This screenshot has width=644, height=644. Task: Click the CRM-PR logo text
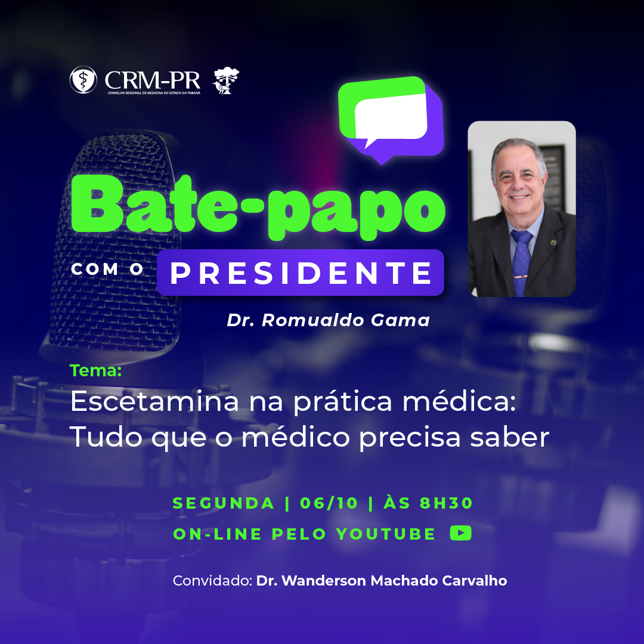click(153, 80)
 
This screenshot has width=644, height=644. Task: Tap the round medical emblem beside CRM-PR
click(83, 80)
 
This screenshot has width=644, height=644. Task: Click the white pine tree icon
click(225, 80)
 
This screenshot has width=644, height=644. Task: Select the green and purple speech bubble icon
click(391, 120)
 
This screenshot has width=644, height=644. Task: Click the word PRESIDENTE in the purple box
click(301, 273)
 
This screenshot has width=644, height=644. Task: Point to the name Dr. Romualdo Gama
click(328, 320)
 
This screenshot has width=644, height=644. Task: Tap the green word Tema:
click(95, 370)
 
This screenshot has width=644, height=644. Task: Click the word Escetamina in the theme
click(154, 401)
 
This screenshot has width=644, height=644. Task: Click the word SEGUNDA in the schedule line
click(224, 503)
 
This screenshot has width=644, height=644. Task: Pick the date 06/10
click(329, 503)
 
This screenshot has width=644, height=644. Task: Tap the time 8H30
click(447, 503)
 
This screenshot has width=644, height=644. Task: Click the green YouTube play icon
click(460, 533)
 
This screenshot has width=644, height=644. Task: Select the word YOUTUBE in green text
click(386, 534)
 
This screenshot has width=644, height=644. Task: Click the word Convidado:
click(212, 581)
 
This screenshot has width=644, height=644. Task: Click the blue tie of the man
click(521, 263)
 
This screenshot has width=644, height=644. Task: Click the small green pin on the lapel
click(553, 242)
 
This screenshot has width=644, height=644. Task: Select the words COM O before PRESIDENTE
click(107, 270)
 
